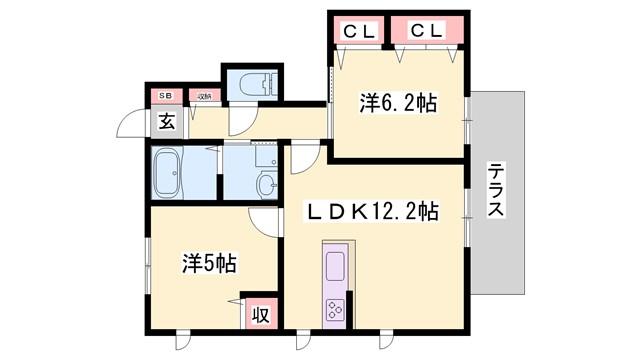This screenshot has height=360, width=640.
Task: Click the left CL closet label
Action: (x=360, y=30)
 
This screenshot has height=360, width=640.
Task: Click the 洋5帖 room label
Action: (x=209, y=264)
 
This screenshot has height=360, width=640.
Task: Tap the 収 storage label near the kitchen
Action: (x=259, y=314)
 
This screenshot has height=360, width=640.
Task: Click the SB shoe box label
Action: (x=163, y=96)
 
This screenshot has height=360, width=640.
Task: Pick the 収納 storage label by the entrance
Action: (x=203, y=96)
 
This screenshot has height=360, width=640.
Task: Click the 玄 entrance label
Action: (x=164, y=123)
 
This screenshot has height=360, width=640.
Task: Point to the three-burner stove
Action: (x=334, y=309)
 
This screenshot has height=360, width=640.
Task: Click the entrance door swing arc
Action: (x=129, y=124)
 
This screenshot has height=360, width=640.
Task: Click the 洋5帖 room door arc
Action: (x=262, y=222)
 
